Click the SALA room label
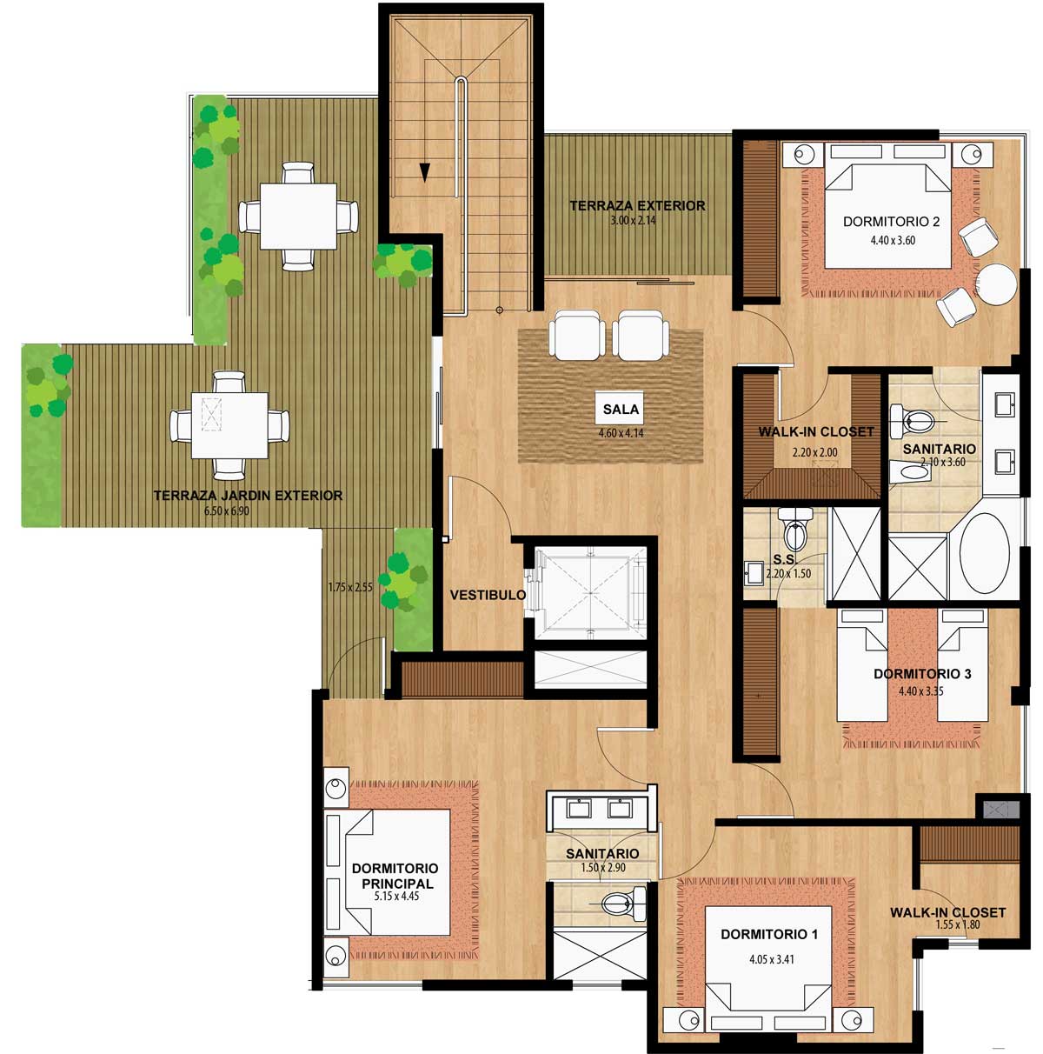621,409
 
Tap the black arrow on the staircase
424,172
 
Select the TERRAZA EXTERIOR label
637,206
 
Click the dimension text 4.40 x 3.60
893,240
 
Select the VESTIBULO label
488,595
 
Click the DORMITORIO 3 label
922,674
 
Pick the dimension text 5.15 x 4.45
396,896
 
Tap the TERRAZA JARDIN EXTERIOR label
248,496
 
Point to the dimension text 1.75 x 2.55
350,587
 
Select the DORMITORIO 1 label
769,934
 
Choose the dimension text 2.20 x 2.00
814,452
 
